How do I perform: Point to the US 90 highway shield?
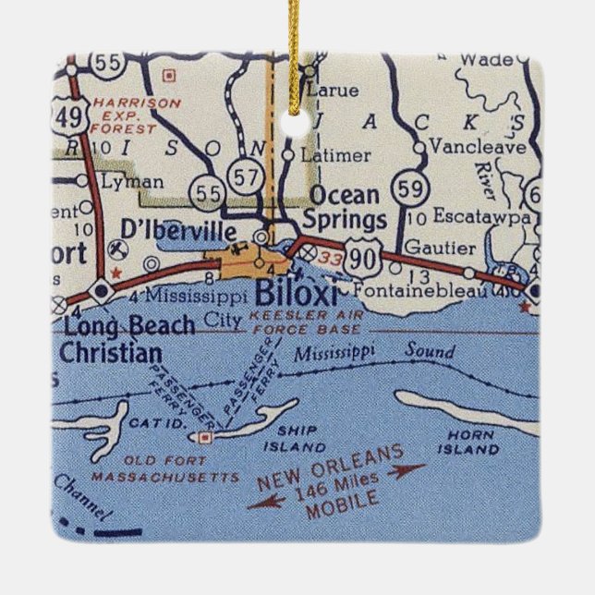(x=363, y=261)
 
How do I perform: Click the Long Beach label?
(x=129, y=325)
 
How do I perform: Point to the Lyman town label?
(x=132, y=182)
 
